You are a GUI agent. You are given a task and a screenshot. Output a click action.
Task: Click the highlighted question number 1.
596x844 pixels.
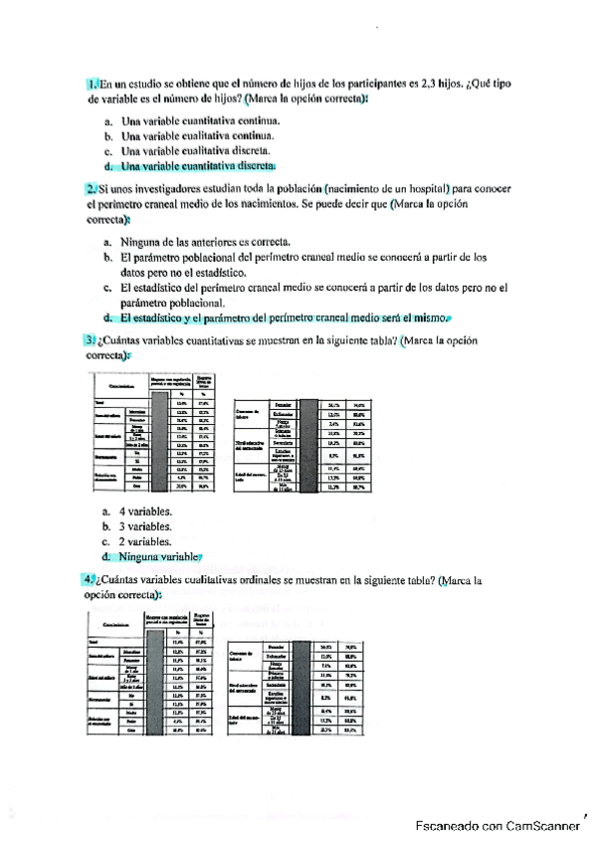click(x=92, y=87)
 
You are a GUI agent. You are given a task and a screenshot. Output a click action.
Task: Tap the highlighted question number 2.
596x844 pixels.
click(x=92, y=187)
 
